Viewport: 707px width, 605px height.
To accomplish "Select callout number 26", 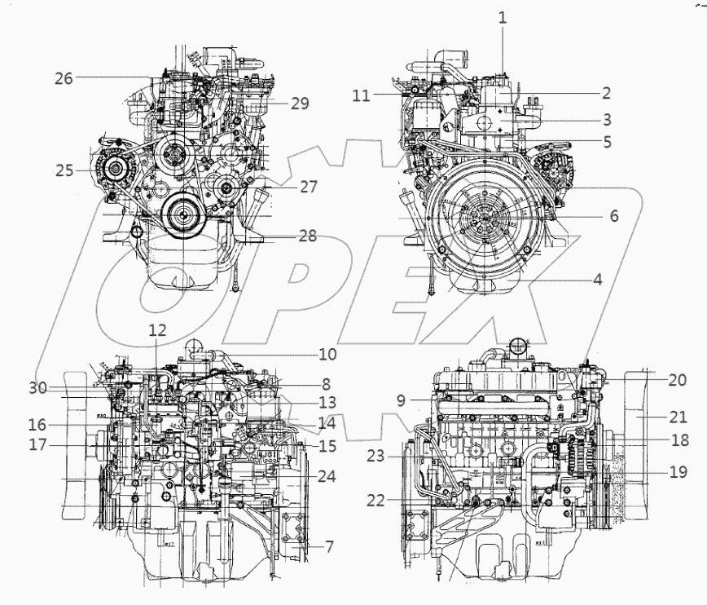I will point(64,78).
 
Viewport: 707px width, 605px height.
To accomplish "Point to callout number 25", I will point(64,171).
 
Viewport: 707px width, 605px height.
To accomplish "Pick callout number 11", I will point(362,95).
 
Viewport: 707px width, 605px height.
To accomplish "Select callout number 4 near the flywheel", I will point(597,279).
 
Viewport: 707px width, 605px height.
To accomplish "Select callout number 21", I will point(678,418).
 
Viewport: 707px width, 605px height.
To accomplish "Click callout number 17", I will point(35,446).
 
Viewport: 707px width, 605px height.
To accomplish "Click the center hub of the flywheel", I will point(487,219).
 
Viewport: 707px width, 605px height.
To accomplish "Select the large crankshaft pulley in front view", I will point(181,216).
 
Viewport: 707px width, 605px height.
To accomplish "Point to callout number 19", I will point(678,470).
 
